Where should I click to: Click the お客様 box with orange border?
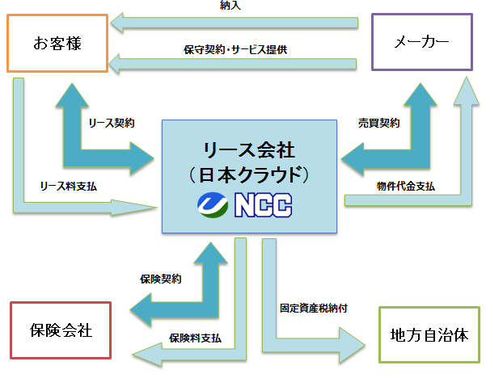pos(57,41)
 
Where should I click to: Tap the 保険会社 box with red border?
pos(61,330)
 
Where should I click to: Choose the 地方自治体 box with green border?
pos(429,334)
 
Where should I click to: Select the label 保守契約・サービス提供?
pos(235,49)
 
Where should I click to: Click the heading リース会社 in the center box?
pos(248,149)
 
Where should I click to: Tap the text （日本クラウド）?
pos(248,174)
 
